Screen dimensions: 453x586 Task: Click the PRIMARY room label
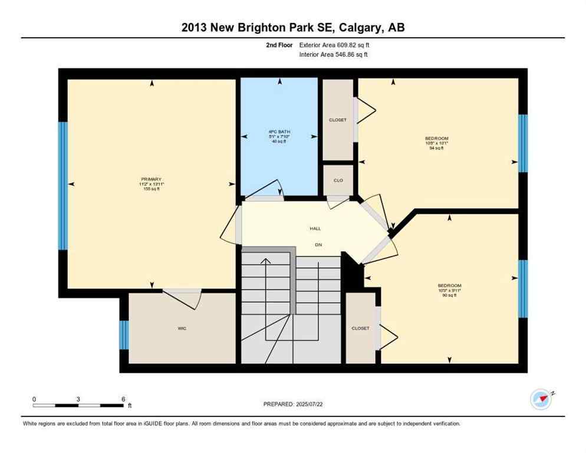tap(151, 179)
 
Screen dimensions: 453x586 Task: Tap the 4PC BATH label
tap(279, 132)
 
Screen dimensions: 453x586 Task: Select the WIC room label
tap(182, 329)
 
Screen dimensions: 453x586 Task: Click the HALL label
tap(315, 228)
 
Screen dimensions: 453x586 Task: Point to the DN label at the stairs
tap(318, 244)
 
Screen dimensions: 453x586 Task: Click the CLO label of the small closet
tap(338, 180)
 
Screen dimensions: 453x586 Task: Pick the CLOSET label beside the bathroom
tap(338, 120)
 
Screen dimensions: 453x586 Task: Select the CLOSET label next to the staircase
tap(360, 329)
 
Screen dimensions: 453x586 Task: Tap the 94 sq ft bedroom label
tap(436, 139)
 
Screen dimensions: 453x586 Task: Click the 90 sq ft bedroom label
tap(449, 285)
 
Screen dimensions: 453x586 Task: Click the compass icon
tap(541, 399)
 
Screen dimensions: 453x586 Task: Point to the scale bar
tap(78, 405)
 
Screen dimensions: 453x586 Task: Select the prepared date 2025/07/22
tap(294, 404)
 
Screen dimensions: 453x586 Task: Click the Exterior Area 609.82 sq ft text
tap(334, 45)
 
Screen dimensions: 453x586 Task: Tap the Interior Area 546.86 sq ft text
tap(334, 55)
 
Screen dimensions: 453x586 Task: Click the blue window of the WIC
tap(124, 334)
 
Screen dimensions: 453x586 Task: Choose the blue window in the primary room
tap(62, 186)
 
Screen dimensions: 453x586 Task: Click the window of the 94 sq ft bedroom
tap(522, 143)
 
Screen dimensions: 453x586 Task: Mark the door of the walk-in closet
tap(183, 298)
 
